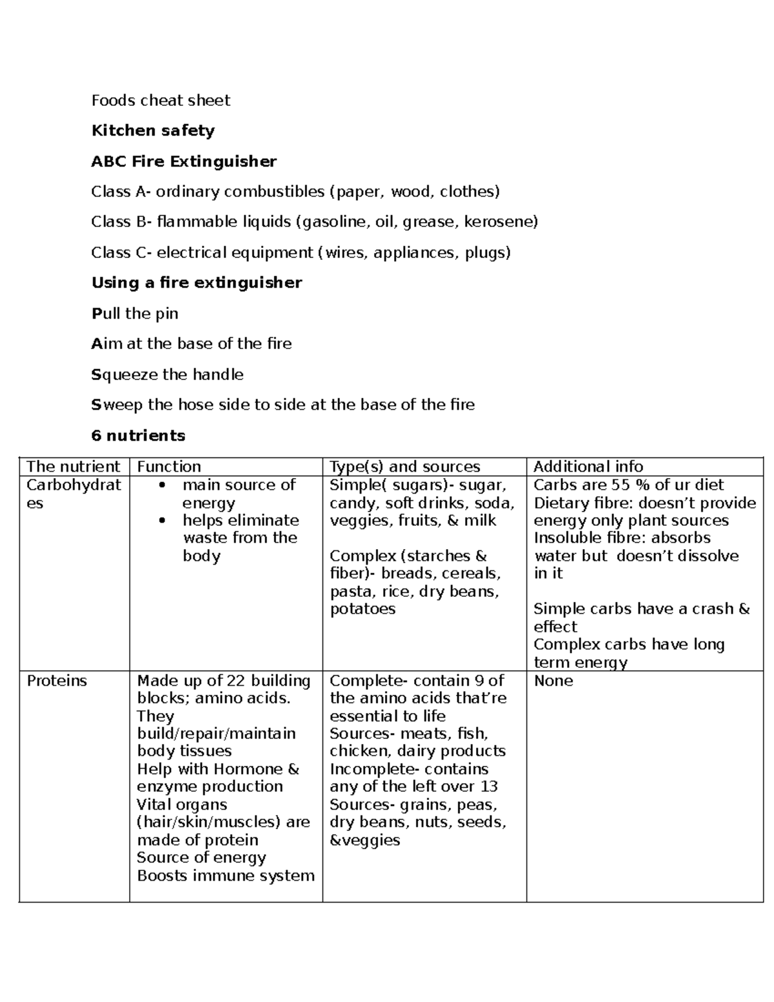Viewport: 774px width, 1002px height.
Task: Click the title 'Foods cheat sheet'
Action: tap(161, 101)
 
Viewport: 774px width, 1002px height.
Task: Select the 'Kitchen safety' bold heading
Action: tap(153, 131)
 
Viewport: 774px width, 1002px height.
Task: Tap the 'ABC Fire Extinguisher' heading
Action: tap(184, 161)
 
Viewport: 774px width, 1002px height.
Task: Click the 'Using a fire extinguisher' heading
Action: tap(197, 283)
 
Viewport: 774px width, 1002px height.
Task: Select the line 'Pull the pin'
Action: tap(135, 314)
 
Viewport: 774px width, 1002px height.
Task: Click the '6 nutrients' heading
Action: tap(138, 436)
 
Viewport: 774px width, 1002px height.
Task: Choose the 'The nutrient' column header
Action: tap(74, 466)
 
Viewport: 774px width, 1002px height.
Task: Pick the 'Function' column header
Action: tap(169, 466)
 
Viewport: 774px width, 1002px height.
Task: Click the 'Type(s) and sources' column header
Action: tap(404, 466)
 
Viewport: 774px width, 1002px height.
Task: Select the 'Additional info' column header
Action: tap(588, 466)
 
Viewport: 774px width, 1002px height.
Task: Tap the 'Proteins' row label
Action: tap(57, 681)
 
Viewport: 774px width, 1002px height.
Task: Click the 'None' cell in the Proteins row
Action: tap(553, 681)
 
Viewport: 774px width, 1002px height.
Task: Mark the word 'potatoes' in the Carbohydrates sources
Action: tap(362, 609)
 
